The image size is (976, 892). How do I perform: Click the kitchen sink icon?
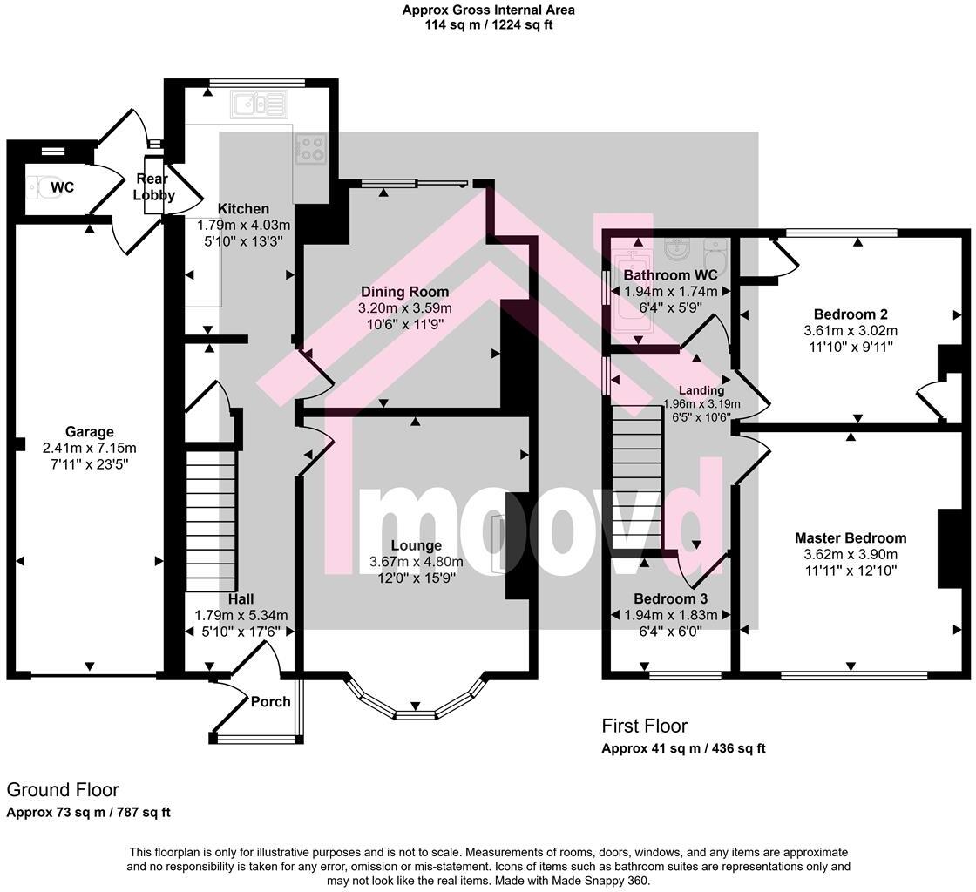[257, 105]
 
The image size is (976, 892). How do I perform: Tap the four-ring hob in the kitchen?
[311, 148]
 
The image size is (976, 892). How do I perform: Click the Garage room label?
[90, 432]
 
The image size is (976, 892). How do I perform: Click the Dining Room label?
[404, 292]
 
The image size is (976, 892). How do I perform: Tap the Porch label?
[270, 701]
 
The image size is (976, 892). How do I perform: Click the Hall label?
[241, 599]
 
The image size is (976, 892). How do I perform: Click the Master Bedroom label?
[850, 538]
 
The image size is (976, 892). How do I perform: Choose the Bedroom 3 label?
[670, 599]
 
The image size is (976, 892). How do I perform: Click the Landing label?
[702, 390]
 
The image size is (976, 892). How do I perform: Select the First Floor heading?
[644, 726]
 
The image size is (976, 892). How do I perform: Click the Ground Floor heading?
[63, 790]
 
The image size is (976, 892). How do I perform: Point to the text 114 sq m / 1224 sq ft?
[488, 25]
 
